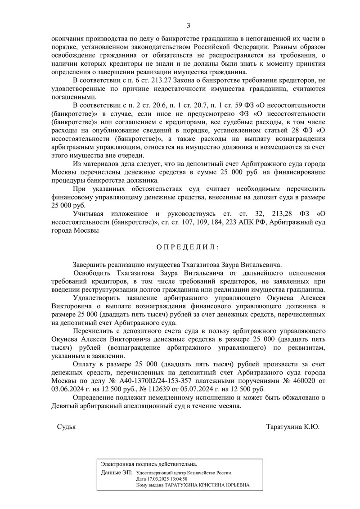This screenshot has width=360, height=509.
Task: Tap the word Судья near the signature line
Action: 67,426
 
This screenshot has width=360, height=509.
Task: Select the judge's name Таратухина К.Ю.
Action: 292,426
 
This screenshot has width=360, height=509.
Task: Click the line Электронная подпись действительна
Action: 149,464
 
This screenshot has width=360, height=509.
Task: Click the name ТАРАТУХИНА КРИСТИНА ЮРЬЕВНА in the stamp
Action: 206,486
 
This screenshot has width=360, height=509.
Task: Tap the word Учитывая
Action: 93,214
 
